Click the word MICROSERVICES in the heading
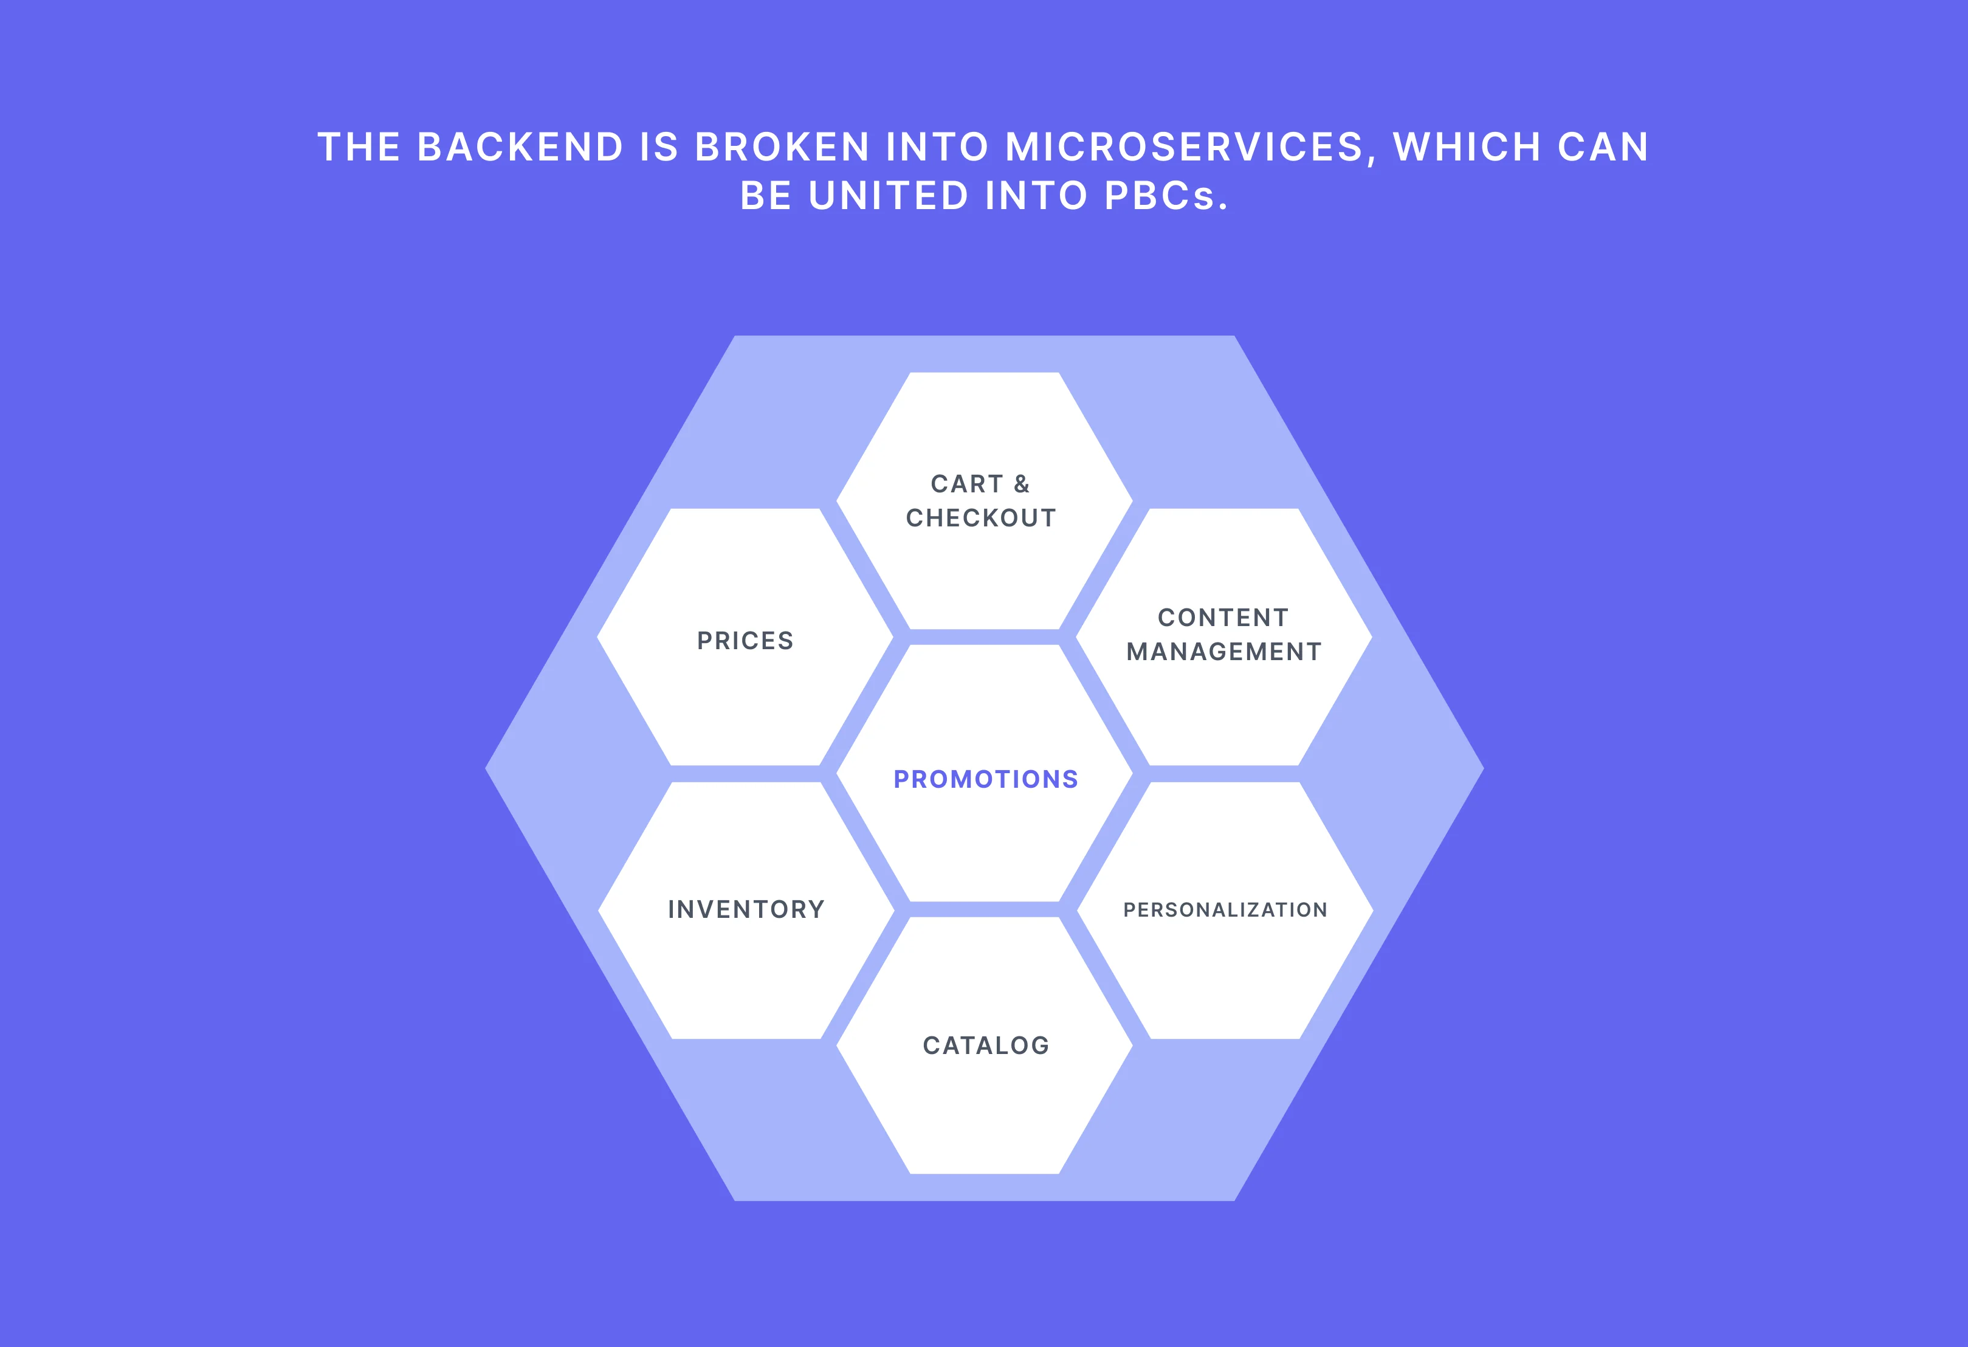tap(1184, 148)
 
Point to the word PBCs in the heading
tap(1165, 196)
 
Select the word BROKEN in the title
tap(782, 148)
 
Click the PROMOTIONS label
tap(986, 779)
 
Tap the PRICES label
tap(745, 641)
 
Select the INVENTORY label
tap(746, 909)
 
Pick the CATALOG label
tap(986, 1046)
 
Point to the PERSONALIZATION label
tap(1225, 910)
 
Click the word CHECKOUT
tap(980, 518)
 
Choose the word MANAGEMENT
tap(1223, 652)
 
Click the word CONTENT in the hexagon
tap(1223, 618)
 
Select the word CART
tap(966, 484)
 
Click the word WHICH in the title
tap(1467, 148)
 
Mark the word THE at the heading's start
tap(359, 148)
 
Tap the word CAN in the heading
tap(1603, 148)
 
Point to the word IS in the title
tap(659, 148)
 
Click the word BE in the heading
tap(766, 196)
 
